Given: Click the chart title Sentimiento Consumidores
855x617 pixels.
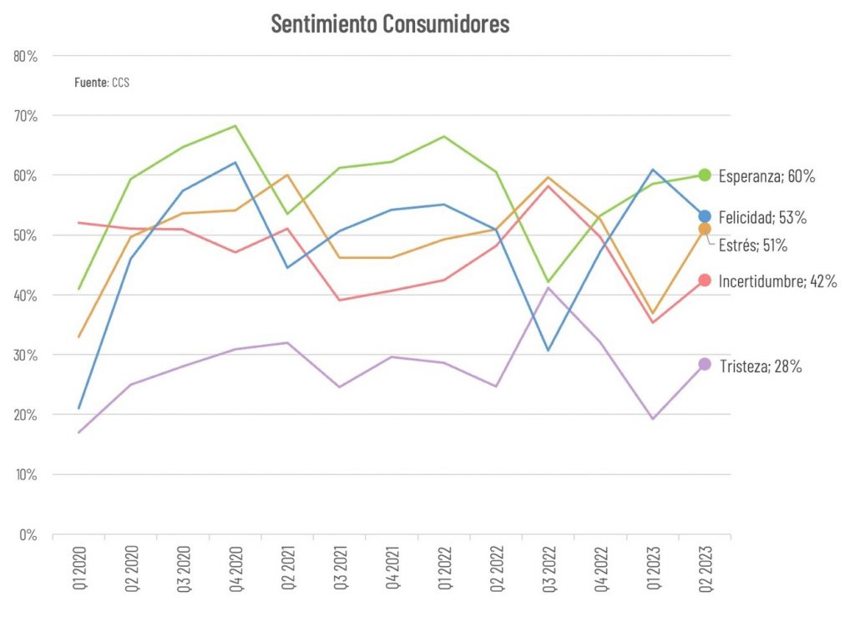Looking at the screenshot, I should pyautogui.click(x=390, y=24).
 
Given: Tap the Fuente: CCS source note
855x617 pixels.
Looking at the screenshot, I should pyautogui.click(x=102, y=83).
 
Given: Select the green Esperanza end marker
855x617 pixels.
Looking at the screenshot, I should pyautogui.click(x=705, y=175).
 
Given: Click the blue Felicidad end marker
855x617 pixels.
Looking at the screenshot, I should pyautogui.click(x=705, y=217).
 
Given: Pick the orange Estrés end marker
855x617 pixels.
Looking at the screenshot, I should pyautogui.click(x=705, y=229).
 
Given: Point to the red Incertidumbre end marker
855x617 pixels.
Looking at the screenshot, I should pyautogui.click(x=705, y=281).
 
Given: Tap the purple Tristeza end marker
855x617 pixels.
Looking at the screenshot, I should pyautogui.click(x=705, y=364).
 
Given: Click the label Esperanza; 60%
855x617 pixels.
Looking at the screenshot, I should pyautogui.click(x=766, y=176).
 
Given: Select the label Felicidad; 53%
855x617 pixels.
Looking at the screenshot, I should pyautogui.click(x=763, y=218).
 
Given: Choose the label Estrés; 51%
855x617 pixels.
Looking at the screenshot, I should pyautogui.click(x=753, y=245).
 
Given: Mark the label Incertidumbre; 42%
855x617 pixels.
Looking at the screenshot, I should pyautogui.click(x=777, y=282).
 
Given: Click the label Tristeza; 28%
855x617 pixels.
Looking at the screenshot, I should pyautogui.click(x=760, y=366).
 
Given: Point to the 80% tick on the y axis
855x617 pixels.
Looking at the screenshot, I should pyautogui.click(x=26, y=56).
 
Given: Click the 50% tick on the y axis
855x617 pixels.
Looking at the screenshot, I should pyautogui.click(x=26, y=235).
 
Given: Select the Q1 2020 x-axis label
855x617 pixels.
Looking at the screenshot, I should pyautogui.click(x=79, y=568).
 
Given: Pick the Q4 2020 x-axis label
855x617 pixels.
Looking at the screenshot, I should pyautogui.click(x=235, y=568).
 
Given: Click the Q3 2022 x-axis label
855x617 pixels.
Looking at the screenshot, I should pyautogui.click(x=549, y=568).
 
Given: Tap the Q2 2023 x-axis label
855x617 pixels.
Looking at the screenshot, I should pyautogui.click(x=705, y=568).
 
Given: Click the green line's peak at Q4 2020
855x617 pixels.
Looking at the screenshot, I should pyautogui.click(x=235, y=126).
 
